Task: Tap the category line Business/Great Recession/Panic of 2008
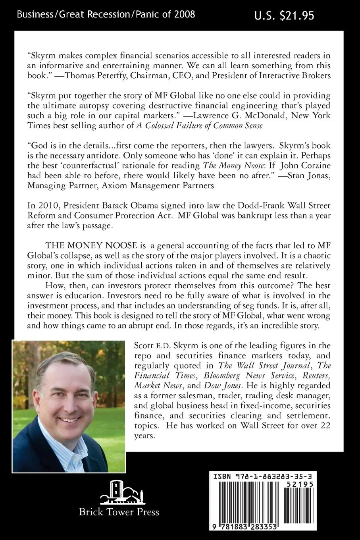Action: tap(106, 15)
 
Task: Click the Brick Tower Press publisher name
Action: tap(119, 512)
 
